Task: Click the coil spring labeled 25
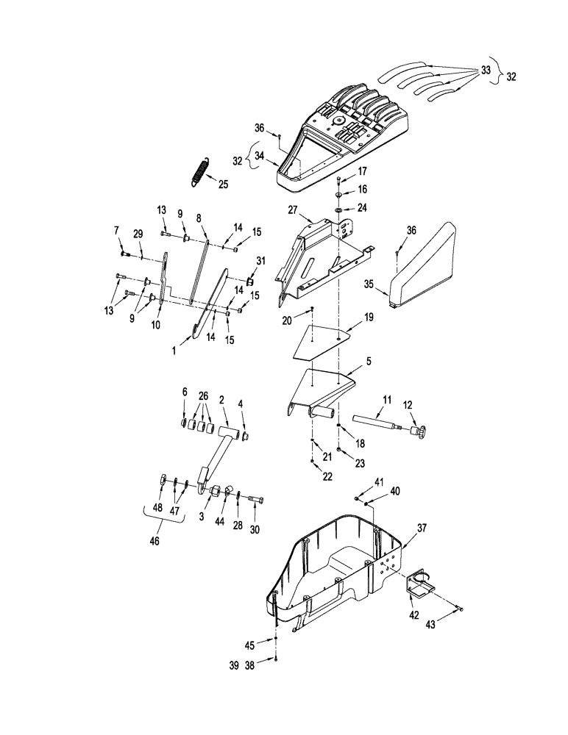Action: point(199,173)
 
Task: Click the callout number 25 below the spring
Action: point(224,184)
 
